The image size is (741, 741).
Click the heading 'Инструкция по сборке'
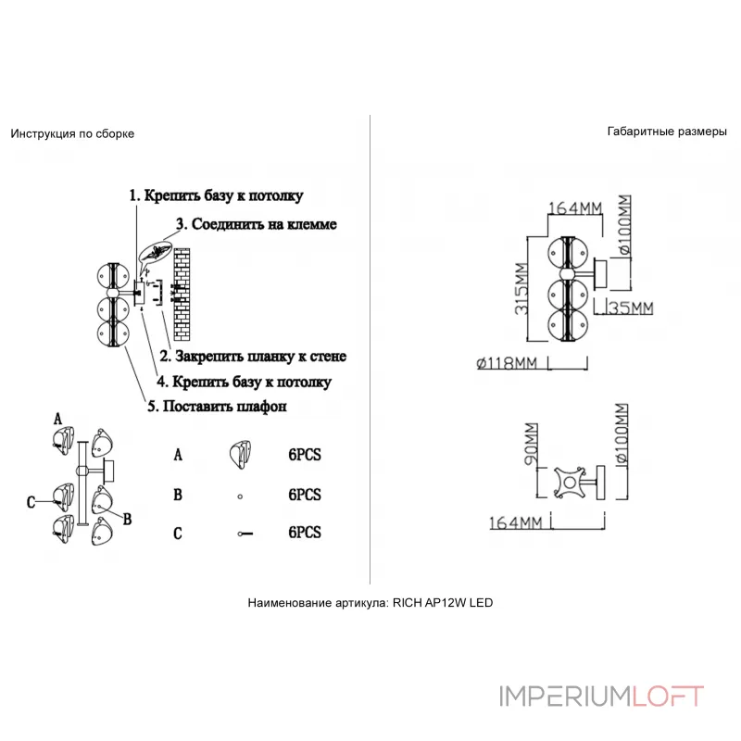pyautogui.click(x=72, y=133)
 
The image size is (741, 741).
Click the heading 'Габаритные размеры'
pyautogui.click(x=667, y=132)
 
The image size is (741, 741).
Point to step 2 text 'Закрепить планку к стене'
pyautogui.click(x=253, y=356)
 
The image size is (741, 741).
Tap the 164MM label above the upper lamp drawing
pyautogui.click(x=572, y=208)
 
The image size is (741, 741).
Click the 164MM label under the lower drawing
pyautogui.click(x=516, y=524)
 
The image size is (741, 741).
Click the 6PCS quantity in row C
pyautogui.click(x=304, y=533)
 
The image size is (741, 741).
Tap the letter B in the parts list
pyautogui.click(x=177, y=496)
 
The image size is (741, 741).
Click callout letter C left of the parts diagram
pyautogui.click(x=31, y=501)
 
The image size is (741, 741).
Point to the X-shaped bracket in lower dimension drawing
pyautogui.click(x=567, y=483)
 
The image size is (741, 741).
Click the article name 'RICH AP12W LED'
pyautogui.click(x=443, y=602)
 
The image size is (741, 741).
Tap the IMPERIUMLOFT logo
pyautogui.click(x=602, y=697)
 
